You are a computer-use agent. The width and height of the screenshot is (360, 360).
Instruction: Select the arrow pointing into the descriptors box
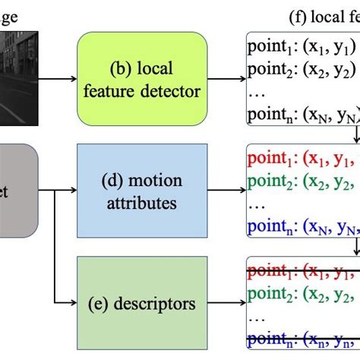67,305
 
